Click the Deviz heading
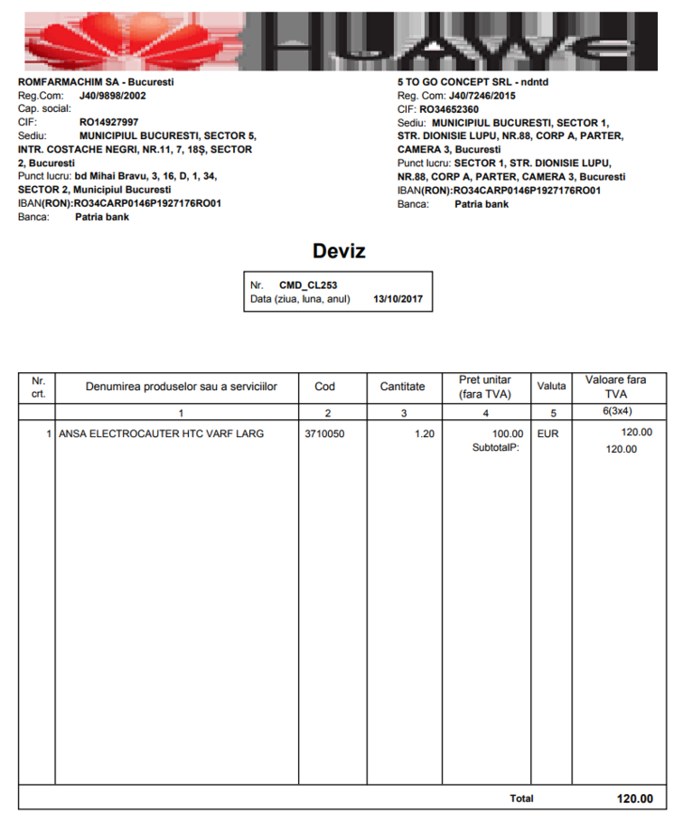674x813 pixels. (x=339, y=250)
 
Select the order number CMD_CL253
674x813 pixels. (x=308, y=285)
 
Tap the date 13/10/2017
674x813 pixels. (x=398, y=298)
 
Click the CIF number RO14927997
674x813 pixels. (x=109, y=121)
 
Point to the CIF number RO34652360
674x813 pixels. (x=449, y=109)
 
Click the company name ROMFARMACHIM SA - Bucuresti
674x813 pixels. (x=96, y=82)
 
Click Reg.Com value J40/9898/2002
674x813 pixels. (x=113, y=95)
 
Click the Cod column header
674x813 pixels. (x=325, y=387)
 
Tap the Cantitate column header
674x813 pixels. (x=402, y=387)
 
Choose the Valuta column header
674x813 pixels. (x=551, y=387)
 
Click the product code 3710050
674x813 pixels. (x=325, y=434)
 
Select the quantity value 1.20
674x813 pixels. (x=424, y=434)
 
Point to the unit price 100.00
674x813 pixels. (x=507, y=434)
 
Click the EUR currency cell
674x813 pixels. (x=548, y=434)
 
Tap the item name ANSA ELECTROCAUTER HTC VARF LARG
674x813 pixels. (x=161, y=434)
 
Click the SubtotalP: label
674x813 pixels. (x=496, y=448)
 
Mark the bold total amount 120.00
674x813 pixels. (x=634, y=799)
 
